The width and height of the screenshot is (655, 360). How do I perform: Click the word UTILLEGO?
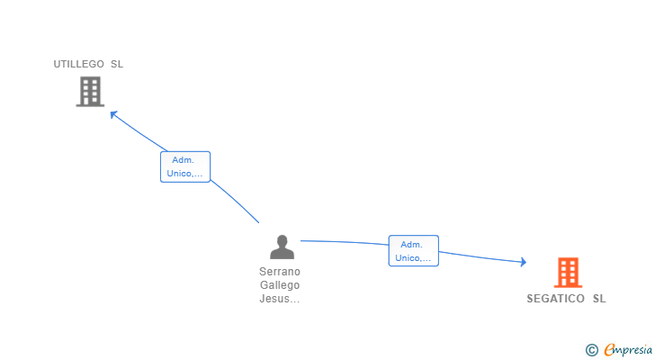pos(78,64)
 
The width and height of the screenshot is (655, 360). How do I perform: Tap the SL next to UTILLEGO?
pos(117,64)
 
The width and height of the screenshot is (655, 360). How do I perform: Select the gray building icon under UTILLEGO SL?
pos(90,91)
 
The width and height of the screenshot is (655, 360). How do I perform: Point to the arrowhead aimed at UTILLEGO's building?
pos(112,113)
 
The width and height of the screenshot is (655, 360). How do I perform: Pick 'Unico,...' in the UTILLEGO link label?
pos(185,173)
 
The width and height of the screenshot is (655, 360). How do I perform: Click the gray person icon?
pos(282,247)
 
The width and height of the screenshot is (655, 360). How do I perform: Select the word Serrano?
pos(280,272)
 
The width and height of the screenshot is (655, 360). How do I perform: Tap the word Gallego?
pos(280,285)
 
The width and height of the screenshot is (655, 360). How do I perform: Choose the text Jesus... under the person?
pos(280,299)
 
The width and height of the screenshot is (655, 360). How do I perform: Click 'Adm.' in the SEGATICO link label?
pos(412,245)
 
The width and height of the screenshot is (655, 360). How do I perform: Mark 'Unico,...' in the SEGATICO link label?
pos(413,258)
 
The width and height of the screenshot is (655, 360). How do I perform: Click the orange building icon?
pos(567,272)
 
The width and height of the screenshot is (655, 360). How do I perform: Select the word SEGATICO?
pos(556,299)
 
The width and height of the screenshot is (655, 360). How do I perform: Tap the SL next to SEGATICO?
pos(599,299)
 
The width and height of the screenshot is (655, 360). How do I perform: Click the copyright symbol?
pos(591,350)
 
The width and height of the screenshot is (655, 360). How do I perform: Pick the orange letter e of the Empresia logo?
pos(610,349)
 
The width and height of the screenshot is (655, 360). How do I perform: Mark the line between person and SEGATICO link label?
pos(346,242)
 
